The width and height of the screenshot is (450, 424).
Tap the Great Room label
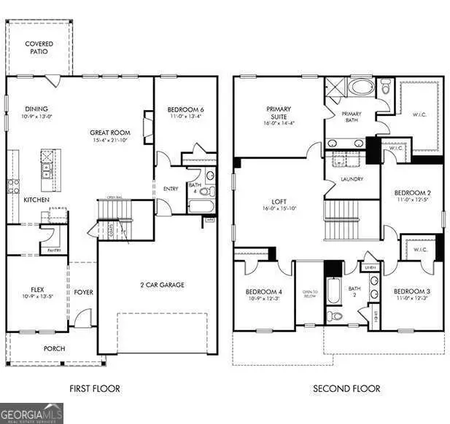tap(110, 133)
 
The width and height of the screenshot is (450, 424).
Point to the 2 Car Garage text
tap(163, 284)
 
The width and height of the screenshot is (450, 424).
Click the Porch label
tap(54, 348)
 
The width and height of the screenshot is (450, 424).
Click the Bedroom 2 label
tap(411, 193)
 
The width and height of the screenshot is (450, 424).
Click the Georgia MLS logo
tap(32, 412)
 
